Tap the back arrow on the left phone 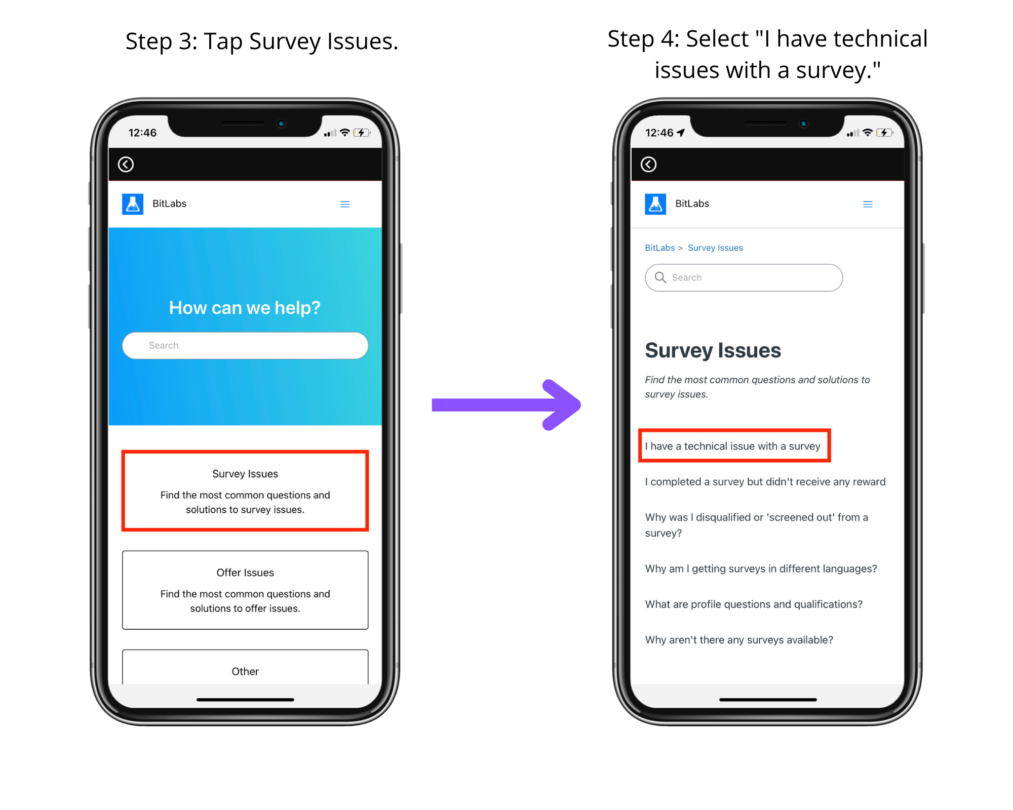click(x=126, y=164)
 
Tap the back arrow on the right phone click(x=648, y=164)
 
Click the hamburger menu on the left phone click(x=345, y=204)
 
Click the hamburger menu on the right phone click(x=868, y=204)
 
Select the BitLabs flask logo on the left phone click(x=133, y=204)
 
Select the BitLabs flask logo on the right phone click(x=655, y=204)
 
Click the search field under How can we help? click(x=245, y=345)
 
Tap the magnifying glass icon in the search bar click(x=660, y=277)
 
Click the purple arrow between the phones click(x=506, y=405)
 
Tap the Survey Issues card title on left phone click(x=245, y=474)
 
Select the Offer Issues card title click(x=245, y=573)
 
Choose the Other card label click(x=245, y=671)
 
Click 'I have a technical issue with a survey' click(x=732, y=446)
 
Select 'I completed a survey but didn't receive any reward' click(x=765, y=481)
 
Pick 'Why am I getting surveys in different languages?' click(x=761, y=569)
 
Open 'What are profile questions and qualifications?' click(x=754, y=604)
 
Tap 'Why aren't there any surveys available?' click(x=739, y=640)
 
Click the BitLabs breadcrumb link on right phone click(x=659, y=248)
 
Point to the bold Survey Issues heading click(x=713, y=350)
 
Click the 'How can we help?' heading click(x=245, y=308)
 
